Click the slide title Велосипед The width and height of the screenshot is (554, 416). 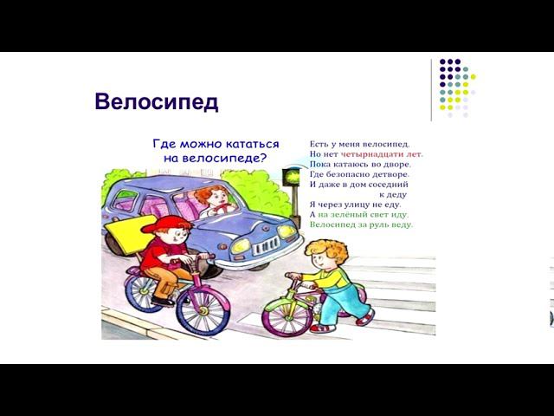pyautogui.click(x=156, y=102)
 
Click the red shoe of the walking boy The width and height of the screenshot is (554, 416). pyautogui.click(x=322, y=328)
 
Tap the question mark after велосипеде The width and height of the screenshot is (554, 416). pyautogui.click(x=263, y=159)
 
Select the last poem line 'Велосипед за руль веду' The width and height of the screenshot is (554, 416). pyautogui.click(x=361, y=224)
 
